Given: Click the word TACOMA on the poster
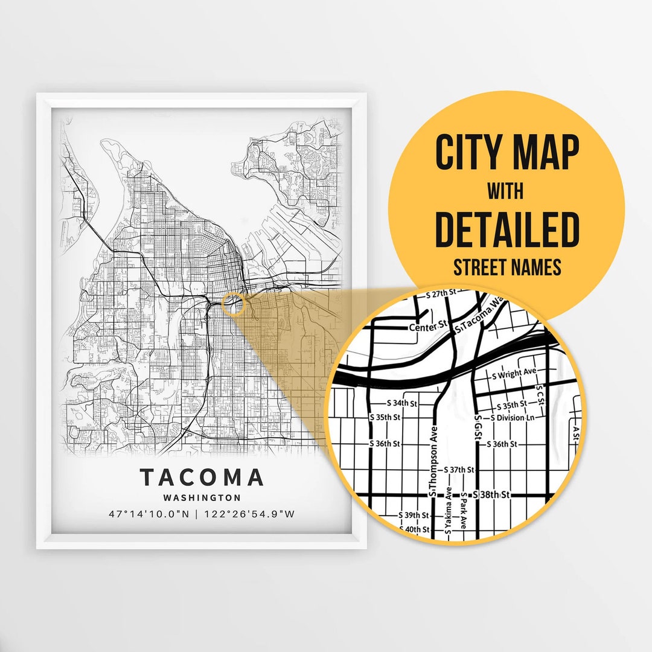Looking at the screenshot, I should pyautogui.click(x=202, y=478).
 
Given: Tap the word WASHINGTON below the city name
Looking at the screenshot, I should pyautogui.click(x=202, y=498).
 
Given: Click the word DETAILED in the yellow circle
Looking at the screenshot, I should pyautogui.click(x=507, y=230).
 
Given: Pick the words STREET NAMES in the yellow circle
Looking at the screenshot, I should pyautogui.click(x=507, y=267).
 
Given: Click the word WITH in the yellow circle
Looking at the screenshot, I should pyautogui.click(x=507, y=193).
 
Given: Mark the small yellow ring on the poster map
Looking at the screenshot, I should pyautogui.click(x=233, y=304).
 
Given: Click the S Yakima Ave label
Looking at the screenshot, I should pyautogui.click(x=447, y=513).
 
